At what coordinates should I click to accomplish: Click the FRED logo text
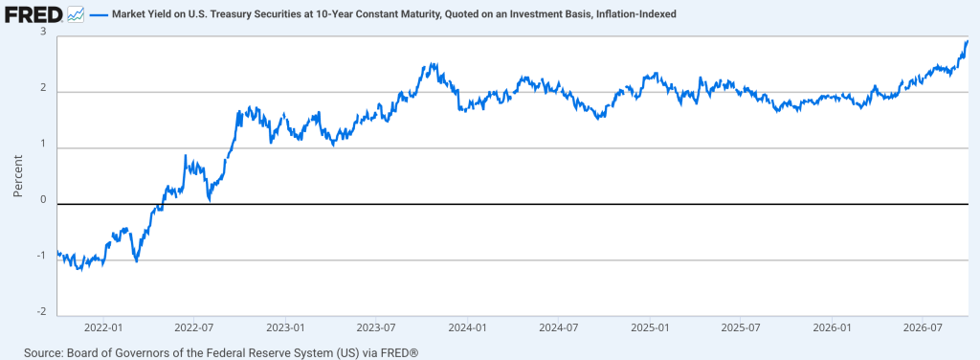tap(33, 13)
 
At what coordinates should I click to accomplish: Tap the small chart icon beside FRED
tap(76, 13)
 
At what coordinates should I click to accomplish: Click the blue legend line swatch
tap(99, 13)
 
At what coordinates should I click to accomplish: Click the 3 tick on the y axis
tap(44, 32)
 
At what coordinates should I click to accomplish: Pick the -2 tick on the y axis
tap(42, 312)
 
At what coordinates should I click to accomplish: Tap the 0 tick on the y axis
tap(44, 200)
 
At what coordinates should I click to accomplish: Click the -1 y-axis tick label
tap(42, 256)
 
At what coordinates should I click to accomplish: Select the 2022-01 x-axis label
tap(102, 326)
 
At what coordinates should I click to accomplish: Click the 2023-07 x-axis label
tap(376, 326)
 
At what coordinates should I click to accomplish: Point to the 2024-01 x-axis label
tap(467, 326)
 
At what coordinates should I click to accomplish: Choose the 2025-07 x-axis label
tap(742, 326)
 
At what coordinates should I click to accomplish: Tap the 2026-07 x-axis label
tap(924, 326)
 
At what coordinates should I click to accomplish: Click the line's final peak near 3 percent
tap(967, 41)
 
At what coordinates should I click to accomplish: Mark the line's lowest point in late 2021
tap(79, 270)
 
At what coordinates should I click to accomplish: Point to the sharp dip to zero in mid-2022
tap(210, 201)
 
